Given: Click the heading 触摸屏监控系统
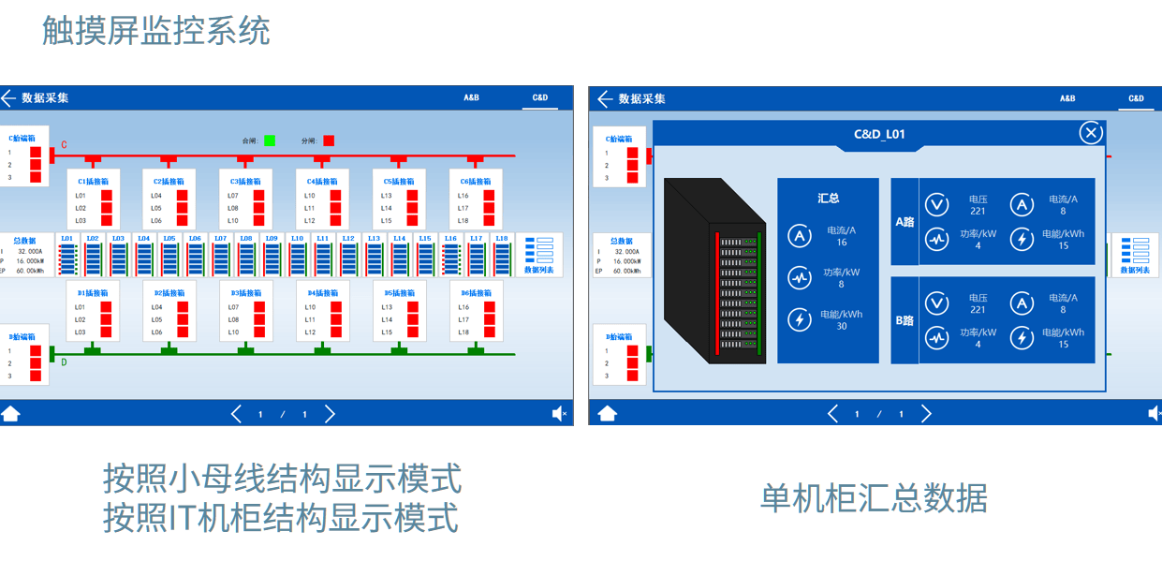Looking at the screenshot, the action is (x=156, y=31).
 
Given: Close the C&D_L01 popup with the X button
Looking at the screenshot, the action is (x=1091, y=133).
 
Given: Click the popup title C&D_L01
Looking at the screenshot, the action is (x=879, y=135).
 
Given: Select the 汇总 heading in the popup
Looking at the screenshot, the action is (x=828, y=198).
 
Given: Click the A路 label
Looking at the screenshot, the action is (x=905, y=222).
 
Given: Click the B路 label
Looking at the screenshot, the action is (x=905, y=320).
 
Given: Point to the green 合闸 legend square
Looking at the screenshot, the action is (x=270, y=140).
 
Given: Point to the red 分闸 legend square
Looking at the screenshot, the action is (x=329, y=140).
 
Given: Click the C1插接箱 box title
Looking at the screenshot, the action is (x=93, y=181).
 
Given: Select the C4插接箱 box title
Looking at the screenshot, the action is (x=322, y=181).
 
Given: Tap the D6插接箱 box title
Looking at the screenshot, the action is (x=476, y=293).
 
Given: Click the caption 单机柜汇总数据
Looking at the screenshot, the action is (x=873, y=498).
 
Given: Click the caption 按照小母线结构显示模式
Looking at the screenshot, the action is (x=282, y=479).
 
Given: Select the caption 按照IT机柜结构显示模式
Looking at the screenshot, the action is (x=281, y=517).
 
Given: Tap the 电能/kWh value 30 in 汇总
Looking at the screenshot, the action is (x=841, y=326).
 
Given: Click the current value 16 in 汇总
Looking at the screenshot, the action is (x=841, y=242).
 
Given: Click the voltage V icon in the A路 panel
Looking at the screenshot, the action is (x=936, y=204).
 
